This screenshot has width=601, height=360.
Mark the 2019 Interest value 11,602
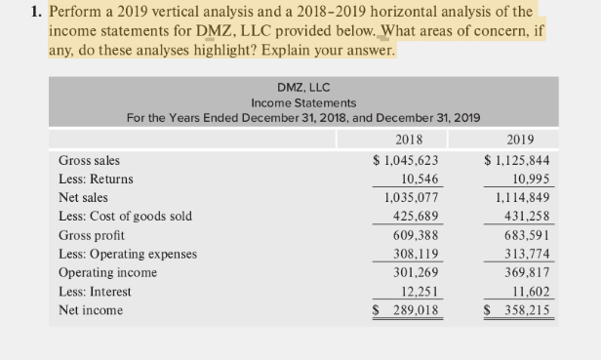click(533, 292)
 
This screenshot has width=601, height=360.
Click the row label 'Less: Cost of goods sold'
click(126, 217)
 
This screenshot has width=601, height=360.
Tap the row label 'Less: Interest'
click(95, 292)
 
